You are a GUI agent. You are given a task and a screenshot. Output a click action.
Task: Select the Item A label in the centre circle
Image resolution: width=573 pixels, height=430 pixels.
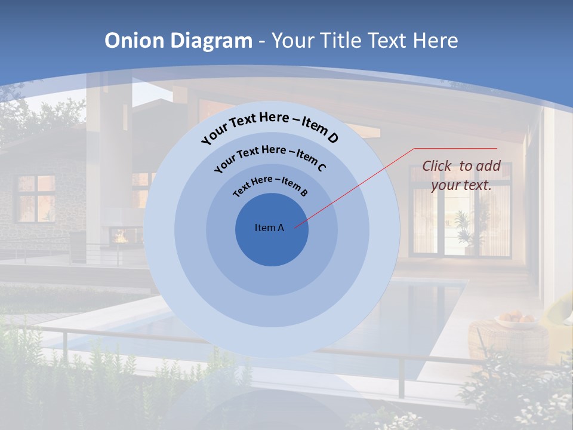[x=269, y=228]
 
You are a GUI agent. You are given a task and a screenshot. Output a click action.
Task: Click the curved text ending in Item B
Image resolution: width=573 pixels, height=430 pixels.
[x=270, y=185]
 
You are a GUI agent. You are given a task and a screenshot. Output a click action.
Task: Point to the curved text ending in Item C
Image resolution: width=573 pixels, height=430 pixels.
[x=270, y=156]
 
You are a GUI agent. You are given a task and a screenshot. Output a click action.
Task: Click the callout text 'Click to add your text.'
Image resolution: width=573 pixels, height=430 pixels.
[x=461, y=176]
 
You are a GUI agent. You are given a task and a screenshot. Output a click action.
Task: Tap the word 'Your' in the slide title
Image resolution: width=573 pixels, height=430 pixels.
[x=294, y=41]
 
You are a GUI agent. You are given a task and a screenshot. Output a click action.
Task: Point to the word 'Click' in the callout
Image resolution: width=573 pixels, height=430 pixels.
[x=438, y=166]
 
